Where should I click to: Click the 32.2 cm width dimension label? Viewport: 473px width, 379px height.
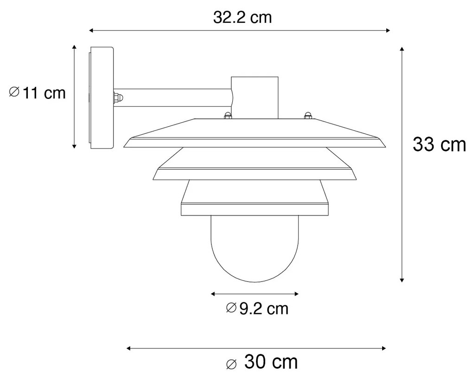coord(242,18)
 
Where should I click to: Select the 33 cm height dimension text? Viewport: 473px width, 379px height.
coord(439,145)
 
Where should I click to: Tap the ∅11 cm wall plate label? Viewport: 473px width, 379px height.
coord(38,93)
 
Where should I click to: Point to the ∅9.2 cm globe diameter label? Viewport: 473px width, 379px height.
coord(257,308)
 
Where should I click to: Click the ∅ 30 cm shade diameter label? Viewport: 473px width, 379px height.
coord(262,362)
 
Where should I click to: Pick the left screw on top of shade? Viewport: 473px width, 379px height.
coord(227,116)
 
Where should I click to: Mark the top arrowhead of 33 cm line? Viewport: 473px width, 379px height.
coord(402,49)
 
